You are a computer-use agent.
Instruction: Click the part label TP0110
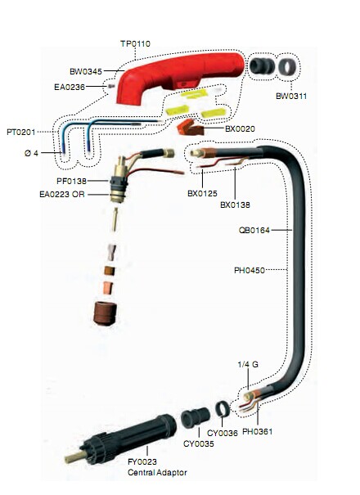135,43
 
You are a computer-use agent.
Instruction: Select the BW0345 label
86,71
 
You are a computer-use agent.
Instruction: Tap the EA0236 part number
70,87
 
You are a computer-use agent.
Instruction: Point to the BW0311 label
291,96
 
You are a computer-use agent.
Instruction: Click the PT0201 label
20,132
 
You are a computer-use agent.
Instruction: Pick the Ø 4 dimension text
31,153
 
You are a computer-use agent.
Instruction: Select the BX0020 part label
240,128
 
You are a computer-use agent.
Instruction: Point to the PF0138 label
71,181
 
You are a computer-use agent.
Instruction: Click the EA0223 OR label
62,194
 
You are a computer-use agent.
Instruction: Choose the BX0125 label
202,193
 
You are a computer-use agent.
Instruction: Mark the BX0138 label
235,205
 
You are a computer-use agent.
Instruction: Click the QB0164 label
254,230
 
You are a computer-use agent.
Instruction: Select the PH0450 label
250,270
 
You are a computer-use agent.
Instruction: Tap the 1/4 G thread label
248,364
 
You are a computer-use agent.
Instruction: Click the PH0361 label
257,431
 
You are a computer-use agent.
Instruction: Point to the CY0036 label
223,433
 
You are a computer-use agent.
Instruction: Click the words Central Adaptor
157,472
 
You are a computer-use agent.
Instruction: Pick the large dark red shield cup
106,313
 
